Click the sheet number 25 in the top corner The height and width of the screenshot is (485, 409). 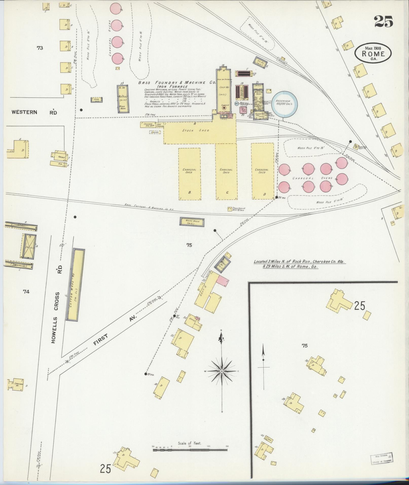click(x=383, y=21)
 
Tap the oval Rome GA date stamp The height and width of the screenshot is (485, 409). click(x=373, y=53)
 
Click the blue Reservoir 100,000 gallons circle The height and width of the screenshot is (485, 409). click(x=284, y=104)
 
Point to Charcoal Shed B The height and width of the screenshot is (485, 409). click(x=189, y=174)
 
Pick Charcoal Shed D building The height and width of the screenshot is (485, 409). click(x=262, y=174)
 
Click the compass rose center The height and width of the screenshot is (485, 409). click(x=222, y=371)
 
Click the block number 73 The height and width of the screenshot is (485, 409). click(x=40, y=48)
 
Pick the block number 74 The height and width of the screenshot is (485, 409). click(x=26, y=292)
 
